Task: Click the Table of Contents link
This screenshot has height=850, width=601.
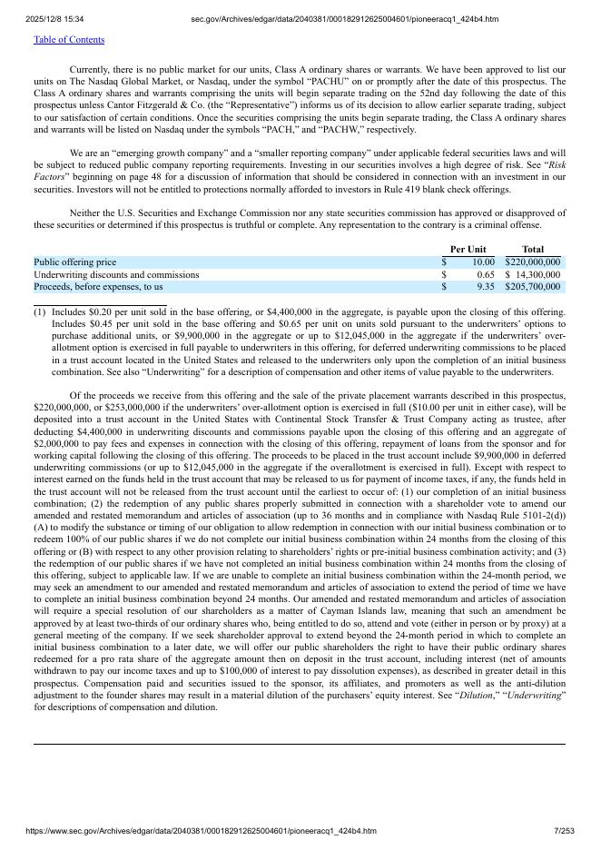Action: [x=69, y=40]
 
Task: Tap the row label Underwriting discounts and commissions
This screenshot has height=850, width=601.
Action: [x=116, y=275]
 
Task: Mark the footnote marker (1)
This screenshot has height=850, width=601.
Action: [x=40, y=312]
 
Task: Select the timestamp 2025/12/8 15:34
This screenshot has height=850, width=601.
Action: [x=54, y=19]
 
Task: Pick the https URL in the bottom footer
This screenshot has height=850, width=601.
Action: [x=201, y=831]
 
